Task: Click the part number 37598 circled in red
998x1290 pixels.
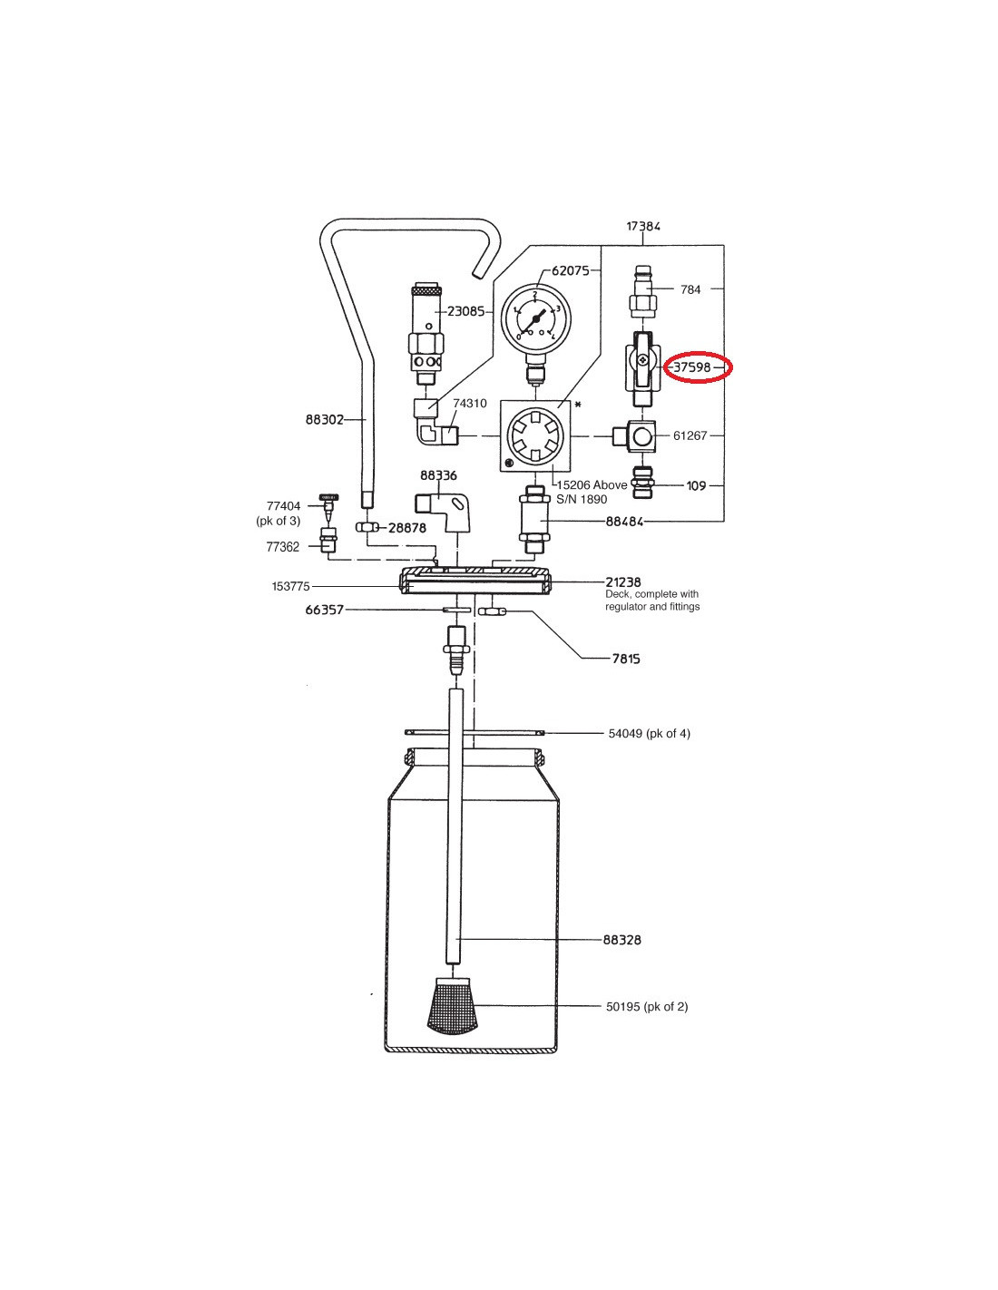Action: [691, 367]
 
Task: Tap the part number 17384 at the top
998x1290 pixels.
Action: [643, 226]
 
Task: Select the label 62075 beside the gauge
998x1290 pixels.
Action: [571, 270]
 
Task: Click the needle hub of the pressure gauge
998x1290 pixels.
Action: [535, 318]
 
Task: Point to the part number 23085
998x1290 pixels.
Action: [465, 312]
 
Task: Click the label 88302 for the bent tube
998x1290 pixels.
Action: [324, 420]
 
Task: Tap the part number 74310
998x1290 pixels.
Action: [470, 404]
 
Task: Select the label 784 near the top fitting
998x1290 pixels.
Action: [690, 289]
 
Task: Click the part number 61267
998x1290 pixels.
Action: [690, 435]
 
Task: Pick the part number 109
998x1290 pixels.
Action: [696, 486]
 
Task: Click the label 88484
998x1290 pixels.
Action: [624, 522]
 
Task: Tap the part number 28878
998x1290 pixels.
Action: [407, 528]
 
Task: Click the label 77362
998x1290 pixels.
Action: [282, 547]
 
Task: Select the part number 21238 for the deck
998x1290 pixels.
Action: [623, 581]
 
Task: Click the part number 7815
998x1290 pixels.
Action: [626, 659]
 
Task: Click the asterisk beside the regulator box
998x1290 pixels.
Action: [578, 406]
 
